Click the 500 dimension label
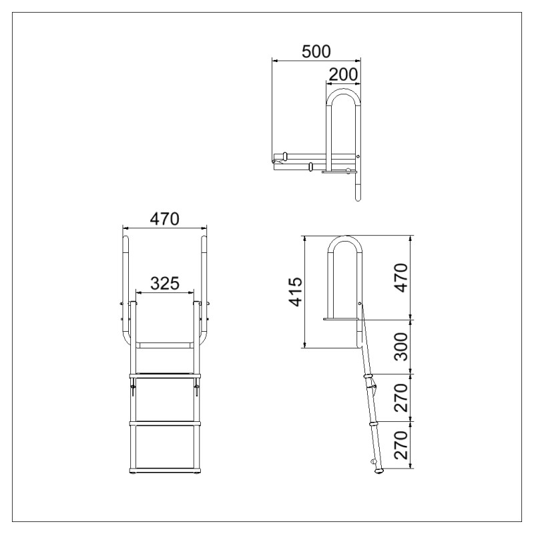(316, 51)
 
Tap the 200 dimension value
(343, 74)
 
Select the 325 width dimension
(165, 283)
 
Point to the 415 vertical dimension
(295, 292)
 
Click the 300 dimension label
(400, 346)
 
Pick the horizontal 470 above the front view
(165, 219)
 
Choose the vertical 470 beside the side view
(400, 278)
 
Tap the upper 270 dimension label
(400, 398)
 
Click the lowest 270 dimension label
(400, 445)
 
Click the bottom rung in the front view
(165, 471)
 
